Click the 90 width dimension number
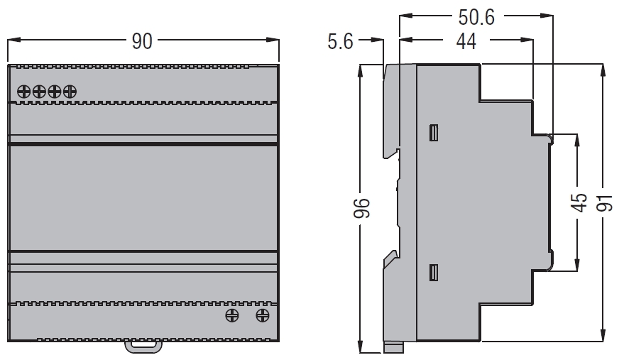[142, 41]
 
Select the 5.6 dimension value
[340, 41]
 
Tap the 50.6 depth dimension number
[476, 17]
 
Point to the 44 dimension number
[466, 41]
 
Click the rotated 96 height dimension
[362, 208]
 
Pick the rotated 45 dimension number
[579, 202]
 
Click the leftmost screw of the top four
[24, 92]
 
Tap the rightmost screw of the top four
[70, 92]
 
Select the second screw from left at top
[39, 92]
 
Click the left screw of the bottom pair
[232, 316]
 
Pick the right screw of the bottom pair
[262, 316]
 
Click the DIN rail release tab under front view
[143, 347]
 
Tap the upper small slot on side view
[434, 133]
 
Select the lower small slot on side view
[434, 273]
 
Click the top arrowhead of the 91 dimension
[603, 70]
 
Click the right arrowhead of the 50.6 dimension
[547, 16]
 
